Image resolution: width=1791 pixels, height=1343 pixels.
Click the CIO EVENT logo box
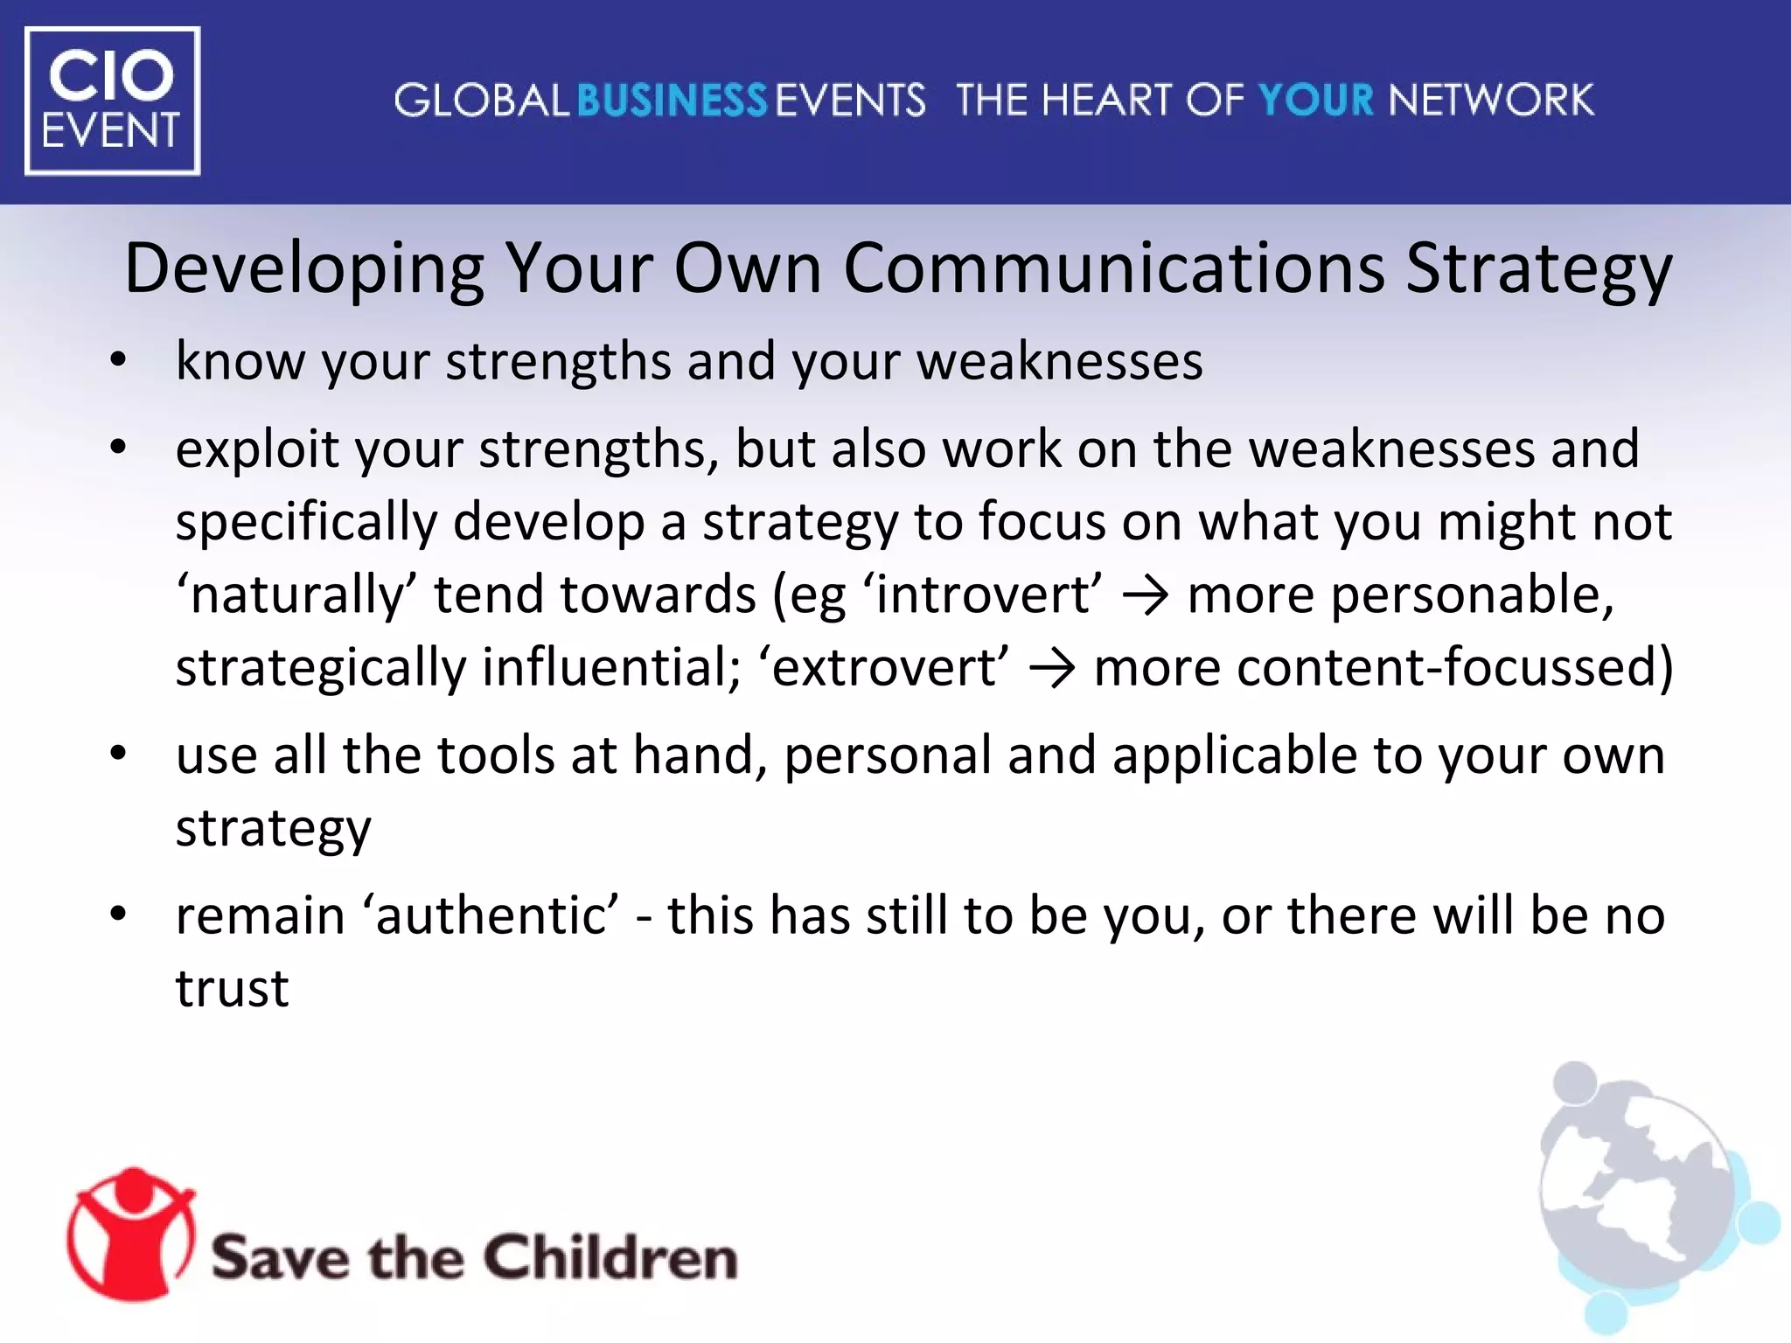coord(112,101)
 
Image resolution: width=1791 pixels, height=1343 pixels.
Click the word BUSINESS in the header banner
coord(672,101)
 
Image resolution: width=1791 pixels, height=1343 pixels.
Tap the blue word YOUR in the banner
coord(1316,101)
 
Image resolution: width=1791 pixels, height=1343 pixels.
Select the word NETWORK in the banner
coord(1492,101)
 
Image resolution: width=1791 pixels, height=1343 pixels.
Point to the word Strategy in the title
coord(1539,269)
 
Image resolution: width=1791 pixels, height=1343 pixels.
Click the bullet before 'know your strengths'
coord(119,360)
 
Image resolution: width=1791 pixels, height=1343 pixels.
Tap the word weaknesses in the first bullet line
coord(1059,360)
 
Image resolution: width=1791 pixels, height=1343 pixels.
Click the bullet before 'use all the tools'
coord(119,754)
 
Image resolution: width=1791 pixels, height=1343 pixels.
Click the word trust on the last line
coord(232,989)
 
